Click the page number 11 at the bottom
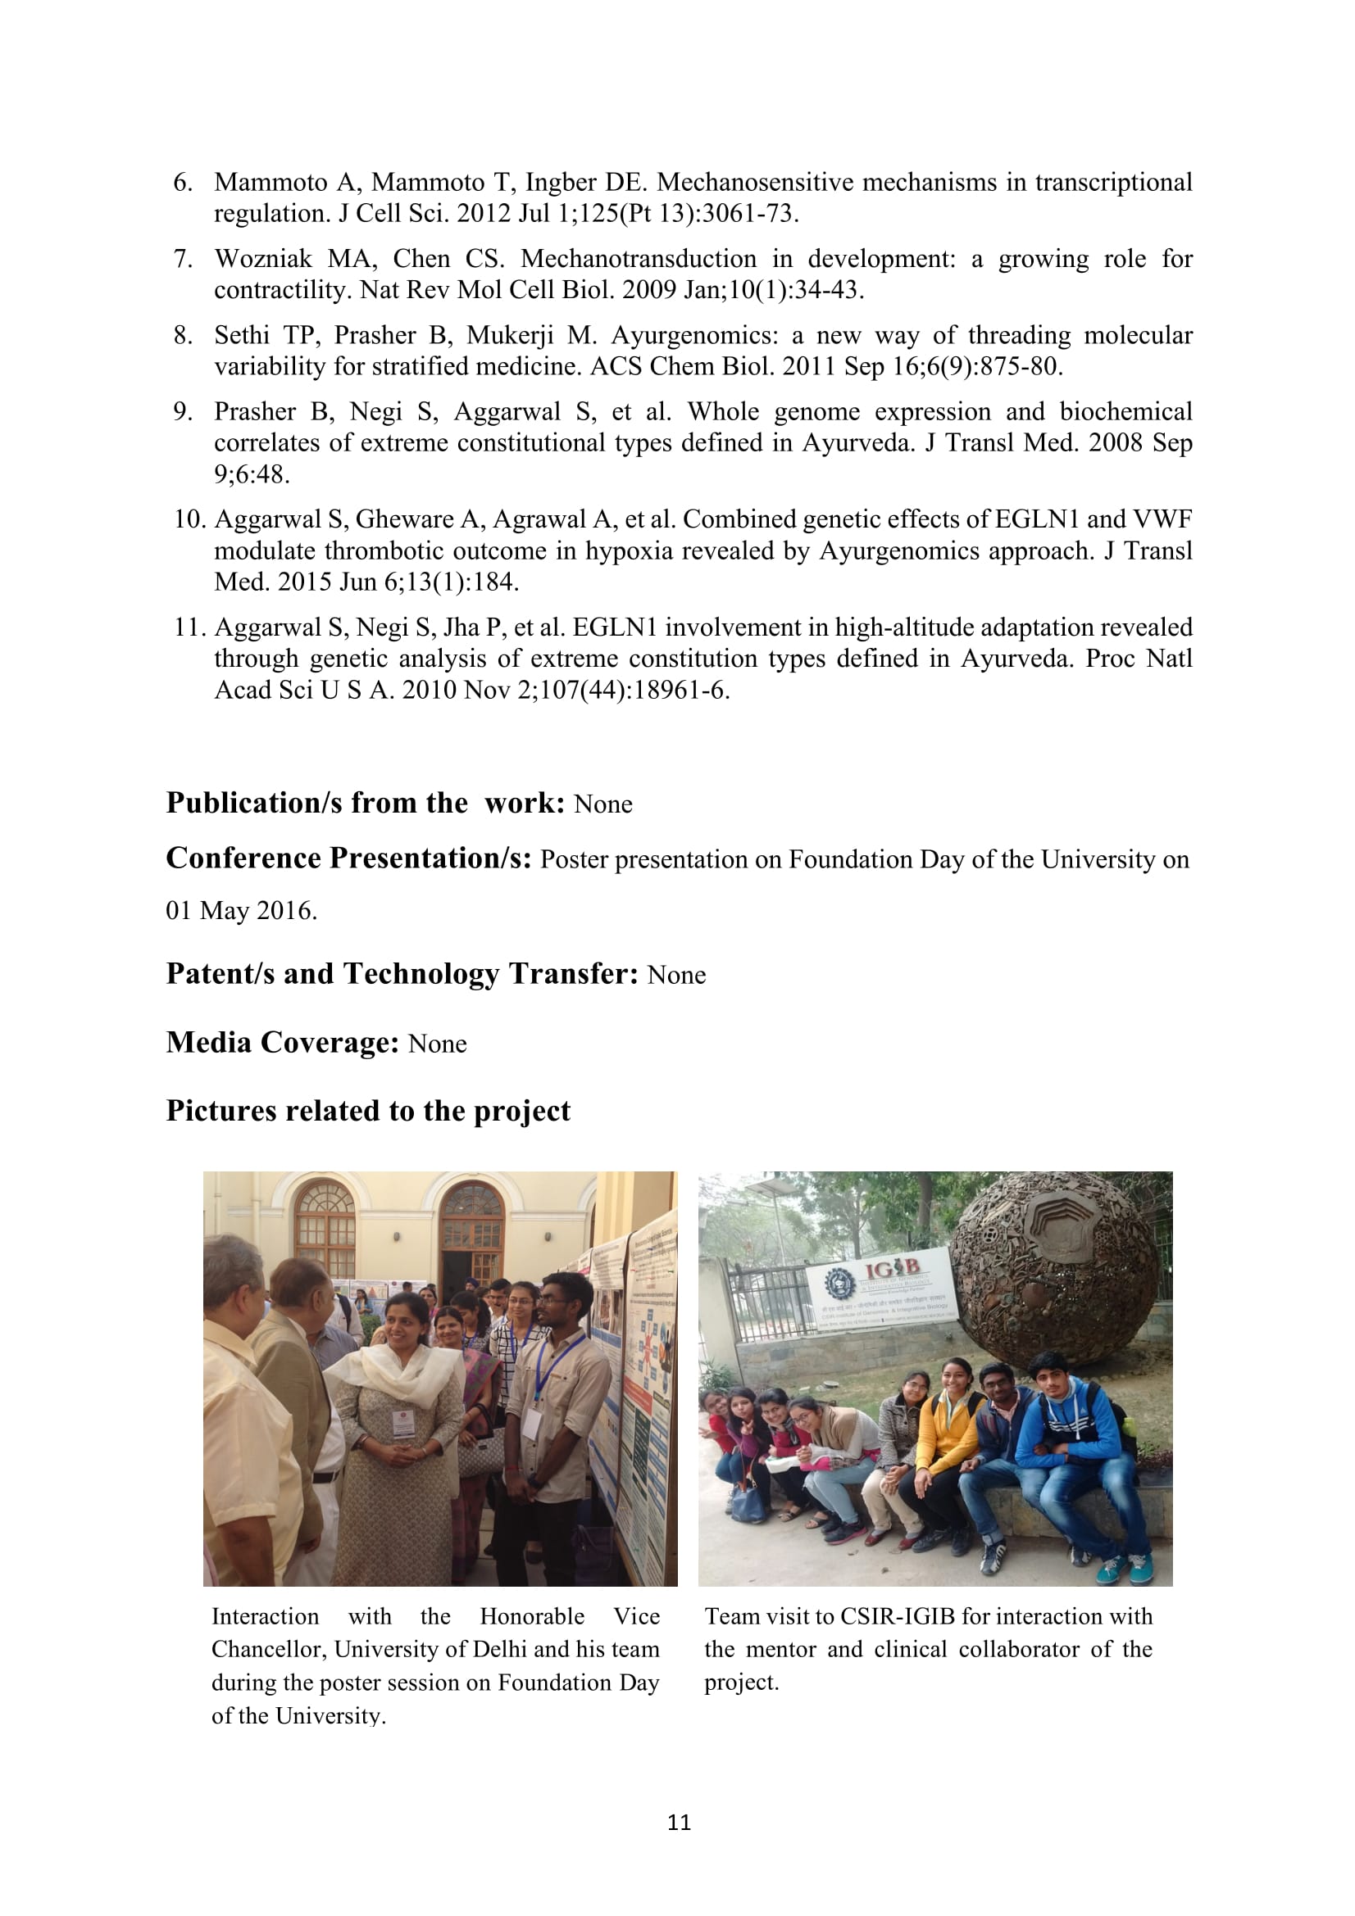679,1822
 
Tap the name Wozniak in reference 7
263,259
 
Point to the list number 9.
183,411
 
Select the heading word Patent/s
220,974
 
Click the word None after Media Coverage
438,1044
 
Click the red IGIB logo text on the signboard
892,1271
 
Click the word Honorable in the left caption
532,1616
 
